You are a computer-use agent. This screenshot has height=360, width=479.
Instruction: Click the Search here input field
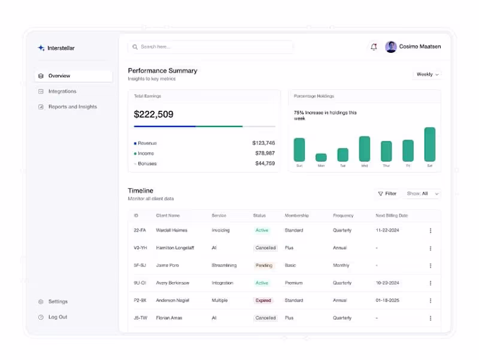coord(210,47)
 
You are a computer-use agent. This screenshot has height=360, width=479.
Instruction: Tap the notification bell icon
coord(374,47)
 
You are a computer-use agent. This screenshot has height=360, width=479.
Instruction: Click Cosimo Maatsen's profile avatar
coord(391,47)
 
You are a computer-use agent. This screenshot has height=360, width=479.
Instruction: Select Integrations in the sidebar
coord(62,92)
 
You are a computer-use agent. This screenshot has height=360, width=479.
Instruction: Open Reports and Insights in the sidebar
coord(72,107)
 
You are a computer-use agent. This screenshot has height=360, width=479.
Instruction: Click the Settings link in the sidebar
coord(57,302)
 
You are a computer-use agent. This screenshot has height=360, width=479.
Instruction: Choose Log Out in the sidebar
coord(57,317)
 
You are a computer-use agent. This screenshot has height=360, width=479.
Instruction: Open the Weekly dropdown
coord(428,74)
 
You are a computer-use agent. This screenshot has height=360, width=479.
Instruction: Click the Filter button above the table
coord(387,193)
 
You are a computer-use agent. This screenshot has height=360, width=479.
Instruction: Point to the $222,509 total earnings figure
coord(154,114)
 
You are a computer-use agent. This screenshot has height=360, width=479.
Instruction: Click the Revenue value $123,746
coord(263,143)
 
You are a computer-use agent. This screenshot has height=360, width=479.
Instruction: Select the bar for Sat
coord(429,144)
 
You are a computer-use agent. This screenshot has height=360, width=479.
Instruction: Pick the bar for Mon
coord(321,158)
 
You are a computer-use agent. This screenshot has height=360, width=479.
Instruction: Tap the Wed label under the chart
coord(364,166)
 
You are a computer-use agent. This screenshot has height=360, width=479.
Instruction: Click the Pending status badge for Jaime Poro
coord(263,265)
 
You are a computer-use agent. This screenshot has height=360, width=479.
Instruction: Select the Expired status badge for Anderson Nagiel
coord(263,301)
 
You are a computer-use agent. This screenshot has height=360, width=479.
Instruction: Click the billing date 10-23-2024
coord(387,283)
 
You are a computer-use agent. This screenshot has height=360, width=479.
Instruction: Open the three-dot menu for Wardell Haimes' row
coord(430,231)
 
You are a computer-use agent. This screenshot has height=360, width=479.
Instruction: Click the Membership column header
coord(298,216)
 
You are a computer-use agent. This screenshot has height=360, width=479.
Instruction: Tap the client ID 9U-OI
coord(139,283)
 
